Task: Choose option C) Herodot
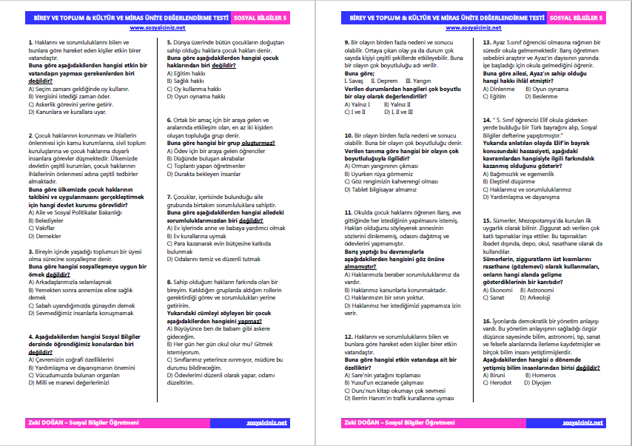pos(497,382)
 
